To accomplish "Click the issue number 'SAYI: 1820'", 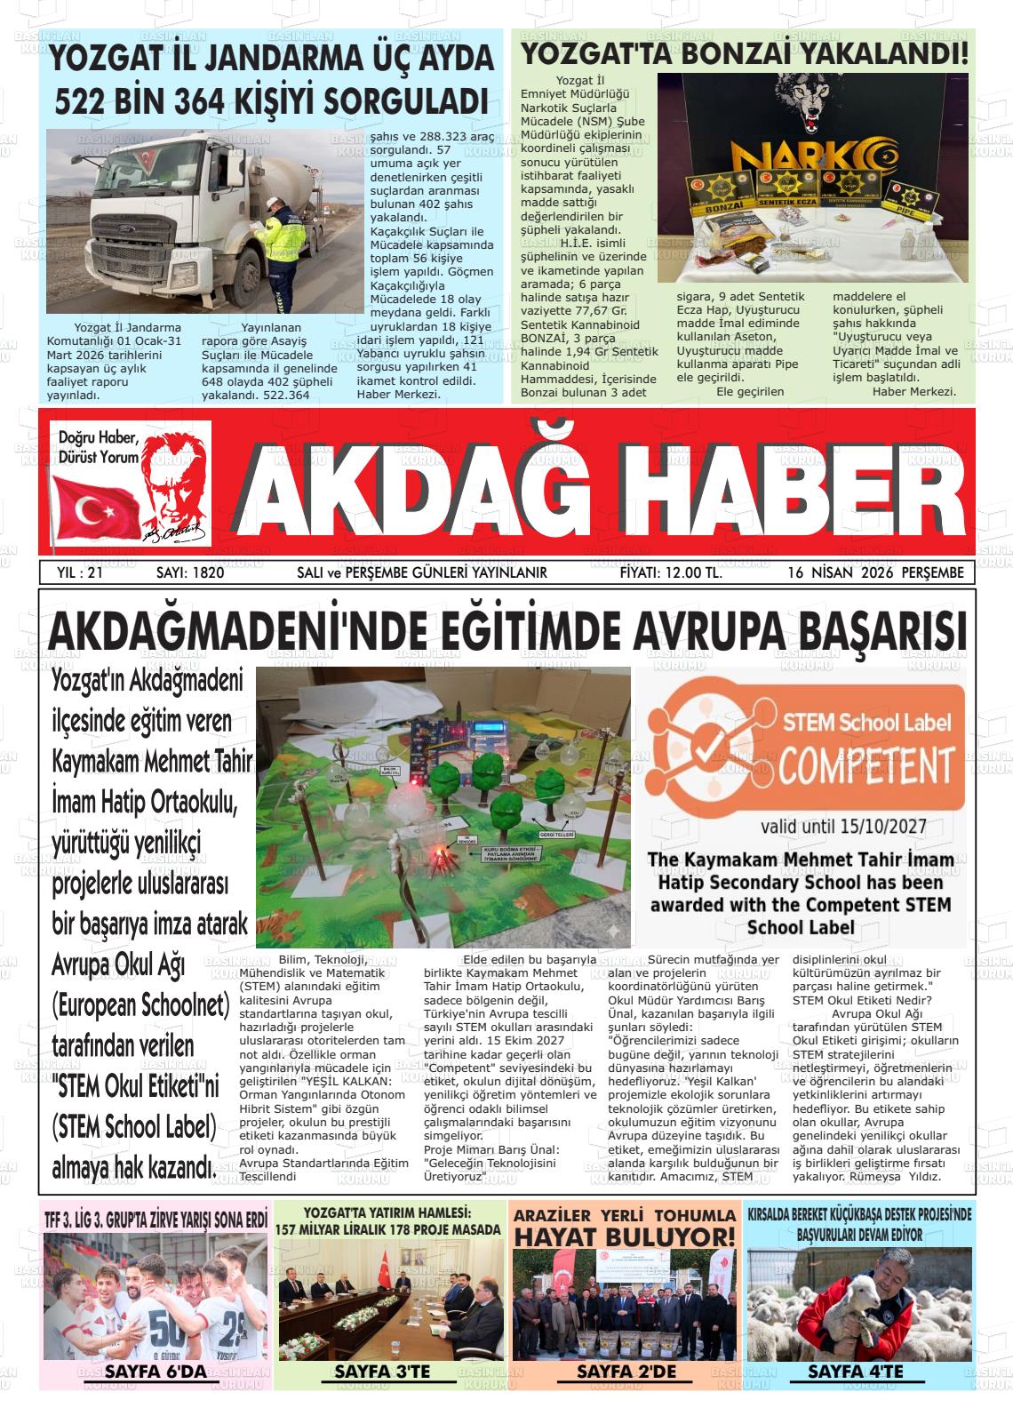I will pyautogui.click(x=189, y=573).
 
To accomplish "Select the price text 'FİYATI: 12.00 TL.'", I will pyautogui.click(x=671, y=573).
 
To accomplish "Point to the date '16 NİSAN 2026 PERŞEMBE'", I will pyautogui.click(x=874, y=573).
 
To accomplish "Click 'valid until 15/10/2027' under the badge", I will pyautogui.click(x=842, y=827).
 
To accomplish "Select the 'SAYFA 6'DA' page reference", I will pyautogui.click(x=156, y=1372).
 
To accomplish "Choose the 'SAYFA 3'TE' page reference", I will pyautogui.click(x=382, y=1372).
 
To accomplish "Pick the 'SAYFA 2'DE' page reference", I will pyautogui.click(x=626, y=1372).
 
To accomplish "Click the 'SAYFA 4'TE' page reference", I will pyautogui.click(x=855, y=1372).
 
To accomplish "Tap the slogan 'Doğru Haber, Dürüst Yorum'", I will pyautogui.click(x=99, y=447).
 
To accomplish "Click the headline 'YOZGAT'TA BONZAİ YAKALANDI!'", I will pyautogui.click(x=744, y=53).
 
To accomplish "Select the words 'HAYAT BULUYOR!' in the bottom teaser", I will pyautogui.click(x=626, y=1236).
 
